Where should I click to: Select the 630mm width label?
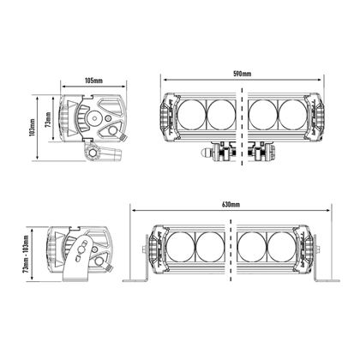click(x=230, y=207)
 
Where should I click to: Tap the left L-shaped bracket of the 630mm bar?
click(x=137, y=275)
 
